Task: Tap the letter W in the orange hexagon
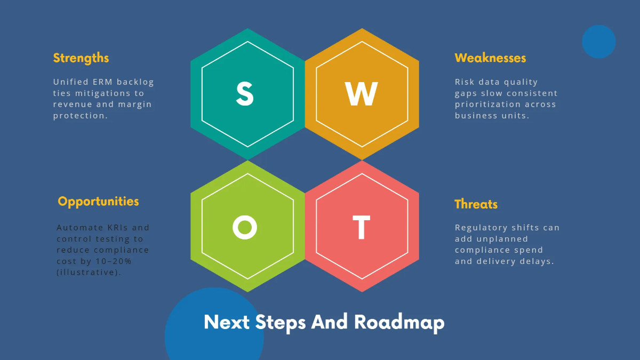click(362, 94)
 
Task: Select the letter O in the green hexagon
click(245, 228)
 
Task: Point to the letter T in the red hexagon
click(362, 228)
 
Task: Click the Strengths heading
click(81, 58)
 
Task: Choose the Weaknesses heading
click(490, 58)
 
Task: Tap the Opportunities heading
click(98, 202)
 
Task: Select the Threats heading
click(476, 204)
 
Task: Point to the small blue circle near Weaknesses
click(598, 42)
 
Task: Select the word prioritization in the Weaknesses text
click(484, 105)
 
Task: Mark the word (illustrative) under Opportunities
click(89, 273)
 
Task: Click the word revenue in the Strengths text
click(71, 105)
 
